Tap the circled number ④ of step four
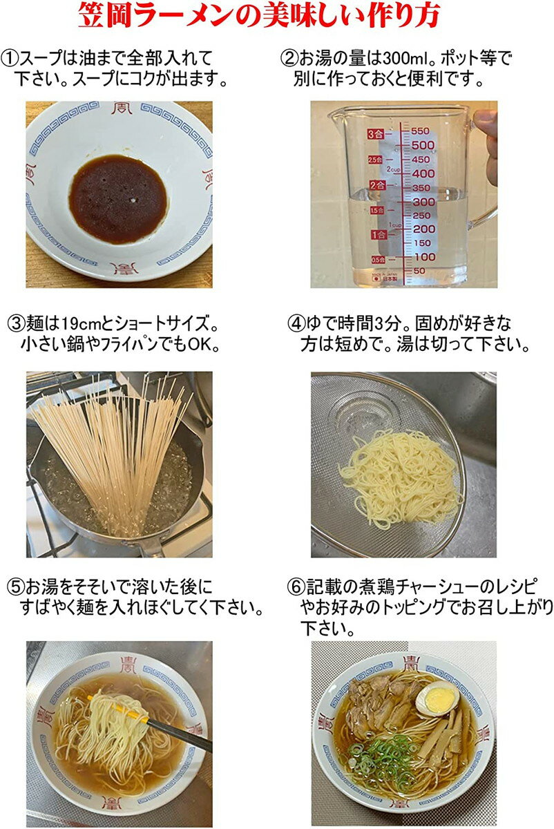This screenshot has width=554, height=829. [295, 324]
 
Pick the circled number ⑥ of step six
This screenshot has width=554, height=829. [295, 587]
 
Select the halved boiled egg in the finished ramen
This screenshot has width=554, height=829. [437, 699]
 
